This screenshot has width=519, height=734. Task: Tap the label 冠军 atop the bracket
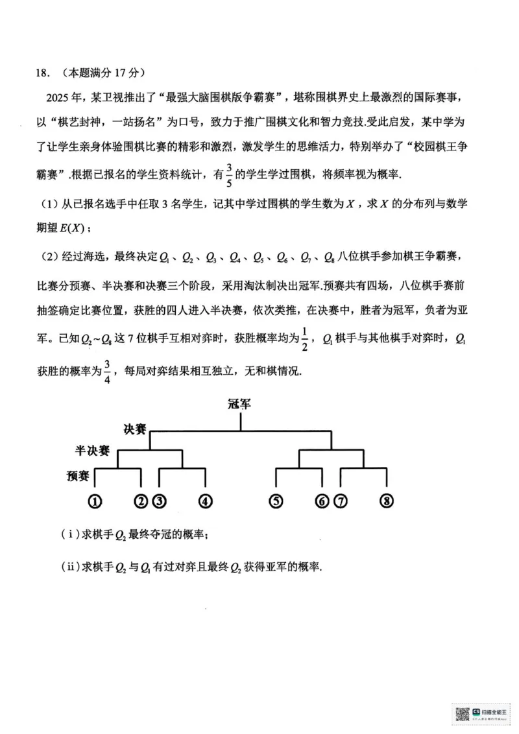(240, 404)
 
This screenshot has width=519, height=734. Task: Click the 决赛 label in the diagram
(135, 429)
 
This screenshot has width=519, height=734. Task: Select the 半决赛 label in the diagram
(91, 450)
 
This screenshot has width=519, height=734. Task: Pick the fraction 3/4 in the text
(108, 372)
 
